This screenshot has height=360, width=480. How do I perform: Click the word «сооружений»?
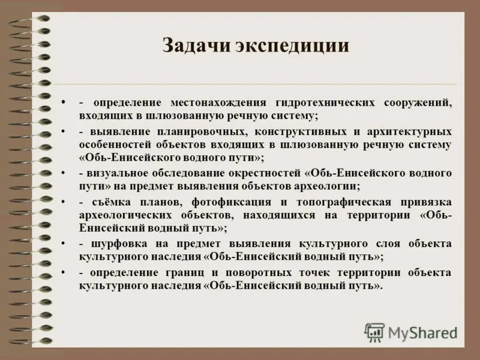(419, 103)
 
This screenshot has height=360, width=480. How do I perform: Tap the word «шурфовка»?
(116, 243)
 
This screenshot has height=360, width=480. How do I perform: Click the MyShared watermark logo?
(412, 332)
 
